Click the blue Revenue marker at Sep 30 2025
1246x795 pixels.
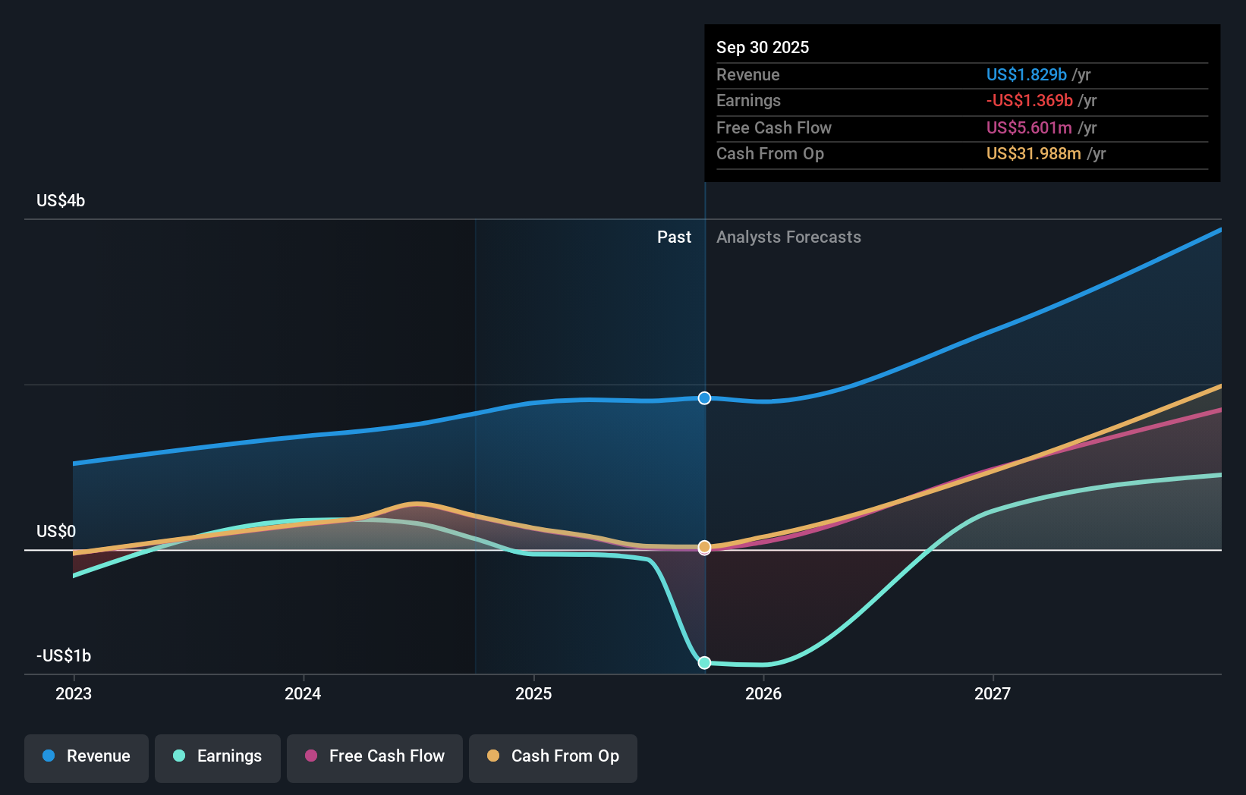click(704, 398)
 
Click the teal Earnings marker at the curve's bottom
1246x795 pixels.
click(704, 662)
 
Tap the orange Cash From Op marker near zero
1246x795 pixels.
click(704, 546)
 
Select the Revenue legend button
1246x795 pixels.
click(87, 757)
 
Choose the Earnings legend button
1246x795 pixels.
click(218, 757)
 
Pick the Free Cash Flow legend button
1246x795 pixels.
click(375, 757)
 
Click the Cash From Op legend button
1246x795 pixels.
click(553, 757)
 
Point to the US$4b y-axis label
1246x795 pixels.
click(61, 201)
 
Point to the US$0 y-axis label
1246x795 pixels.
click(56, 531)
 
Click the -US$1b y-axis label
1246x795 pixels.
click(64, 655)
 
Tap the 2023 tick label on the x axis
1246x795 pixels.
click(74, 693)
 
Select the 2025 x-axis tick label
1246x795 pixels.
click(533, 693)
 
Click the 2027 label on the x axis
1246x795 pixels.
click(993, 693)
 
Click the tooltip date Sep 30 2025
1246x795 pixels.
click(763, 47)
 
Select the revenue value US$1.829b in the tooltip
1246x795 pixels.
click(1026, 74)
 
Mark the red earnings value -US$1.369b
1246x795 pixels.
click(1029, 100)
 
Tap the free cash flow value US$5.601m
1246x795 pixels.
click(1028, 127)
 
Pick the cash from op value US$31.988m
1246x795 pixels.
click(1033, 153)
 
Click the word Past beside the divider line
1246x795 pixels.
click(674, 237)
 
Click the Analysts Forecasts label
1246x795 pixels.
click(788, 237)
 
